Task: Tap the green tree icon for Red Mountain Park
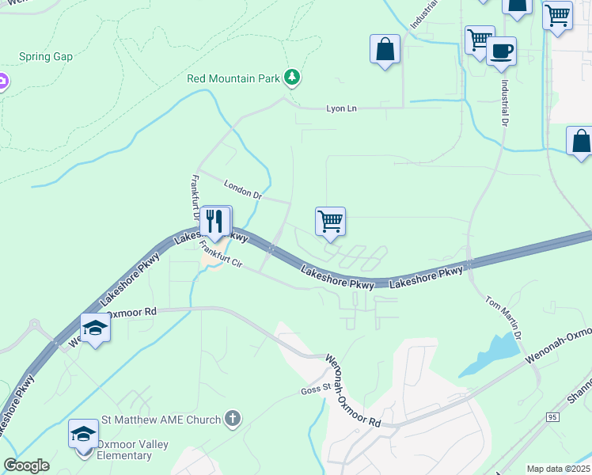(294, 77)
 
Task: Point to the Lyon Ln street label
(342, 108)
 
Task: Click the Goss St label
(315, 389)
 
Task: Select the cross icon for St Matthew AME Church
(232, 418)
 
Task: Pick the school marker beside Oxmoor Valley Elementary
(83, 434)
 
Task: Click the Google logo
(27, 465)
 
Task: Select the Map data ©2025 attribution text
(557, 469)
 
